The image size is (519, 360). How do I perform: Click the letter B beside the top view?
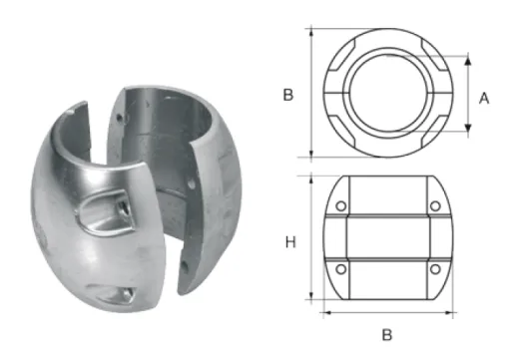286,96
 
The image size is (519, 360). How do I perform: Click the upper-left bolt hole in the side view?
342,206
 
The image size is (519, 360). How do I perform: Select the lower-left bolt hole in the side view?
342,270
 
